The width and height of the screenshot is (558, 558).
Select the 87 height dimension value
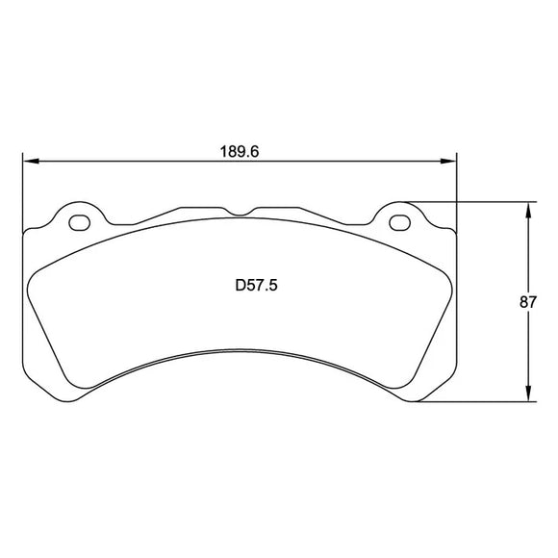(527, 301)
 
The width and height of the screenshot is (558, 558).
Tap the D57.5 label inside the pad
(257, 285)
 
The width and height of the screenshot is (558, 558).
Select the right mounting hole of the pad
(399, 223)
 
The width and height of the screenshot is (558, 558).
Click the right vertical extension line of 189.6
(455, 192)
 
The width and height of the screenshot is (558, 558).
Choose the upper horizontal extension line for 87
(471, 201)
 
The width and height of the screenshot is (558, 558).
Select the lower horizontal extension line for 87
(471, 401)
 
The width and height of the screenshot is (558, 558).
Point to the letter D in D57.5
(240, 285)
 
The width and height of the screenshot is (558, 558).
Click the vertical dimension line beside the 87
(527, 250)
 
